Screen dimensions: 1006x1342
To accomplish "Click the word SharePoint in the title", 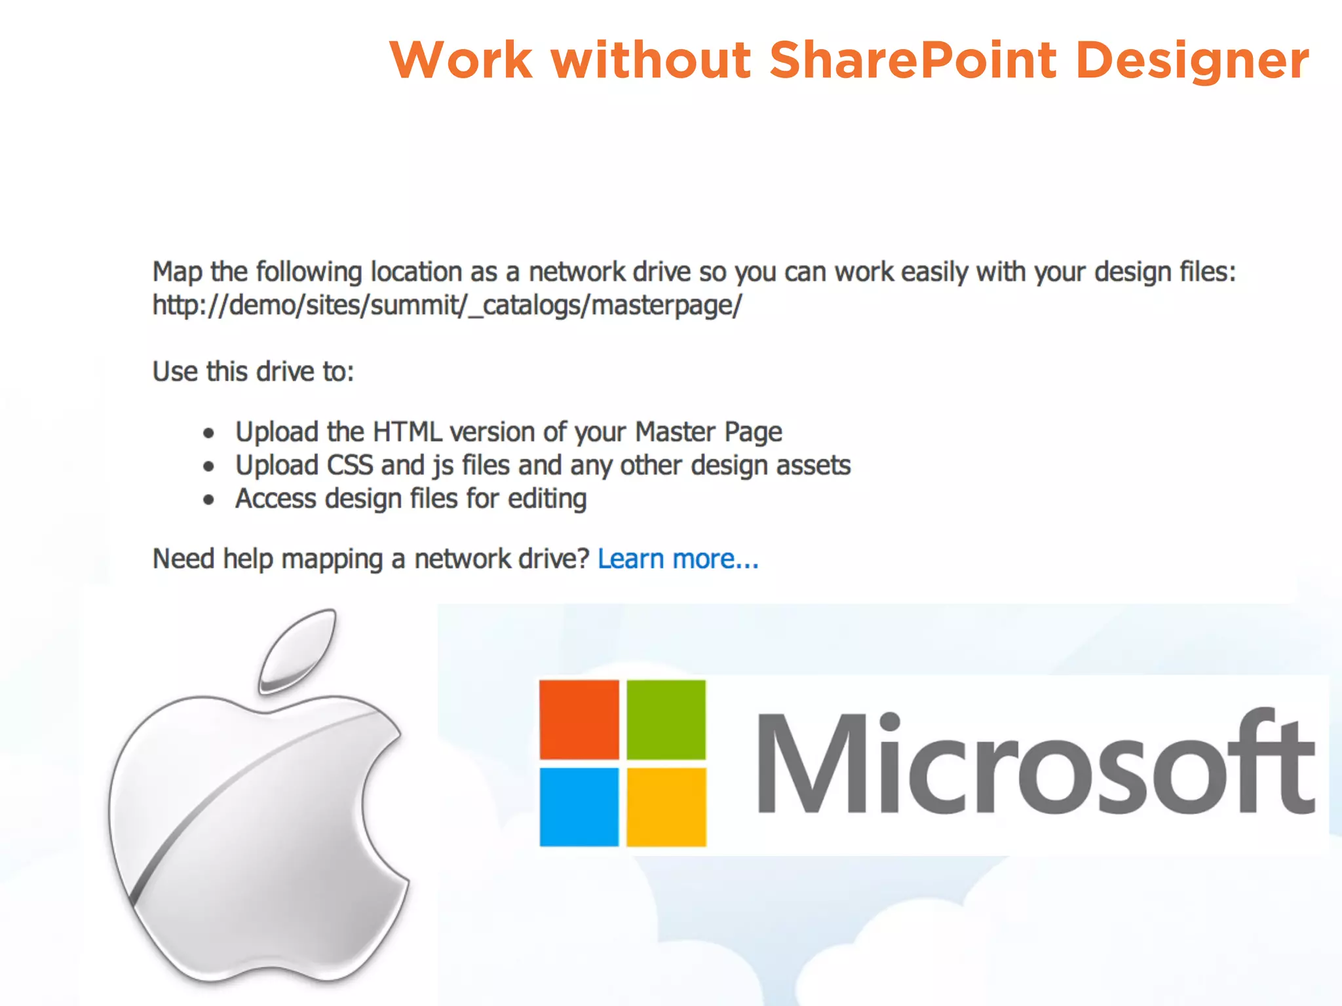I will tap(913, 60).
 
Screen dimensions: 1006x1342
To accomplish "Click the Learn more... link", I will tap(678, 559).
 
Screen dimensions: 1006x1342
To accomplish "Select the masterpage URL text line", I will tap(447, 305).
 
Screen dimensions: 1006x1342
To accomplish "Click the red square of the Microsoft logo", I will tap(579, 719).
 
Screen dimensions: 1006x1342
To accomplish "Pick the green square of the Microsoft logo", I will tap(666, 719).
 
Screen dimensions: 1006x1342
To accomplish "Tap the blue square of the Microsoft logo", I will tap(579, 806).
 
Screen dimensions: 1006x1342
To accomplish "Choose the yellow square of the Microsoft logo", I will tap(666, 806).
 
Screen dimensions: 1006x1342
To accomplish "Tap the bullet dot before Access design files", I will tap(208, 500).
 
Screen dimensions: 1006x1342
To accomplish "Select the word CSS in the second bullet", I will tap(350, 466).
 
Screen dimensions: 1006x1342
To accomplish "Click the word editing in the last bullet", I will tap(547, 499).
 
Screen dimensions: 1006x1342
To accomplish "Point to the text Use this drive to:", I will tap(253, 372).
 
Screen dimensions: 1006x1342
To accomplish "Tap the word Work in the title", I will tap(461, 60).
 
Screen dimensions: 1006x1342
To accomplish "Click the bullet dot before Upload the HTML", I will tap(208, 433).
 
